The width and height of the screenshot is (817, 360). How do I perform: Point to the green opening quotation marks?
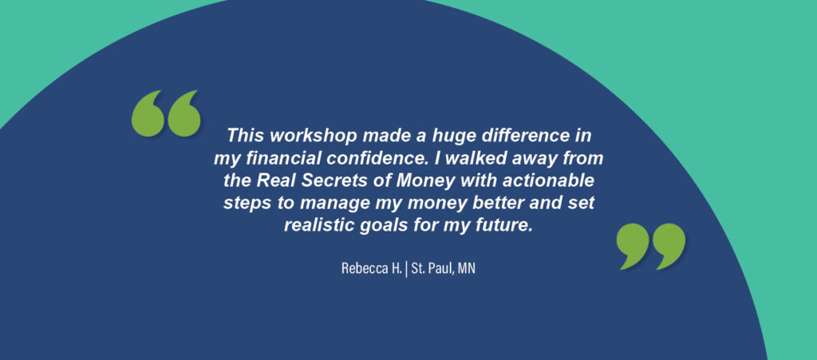tap(166, 113)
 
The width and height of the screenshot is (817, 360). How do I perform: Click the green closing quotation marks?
tap(651, 247)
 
